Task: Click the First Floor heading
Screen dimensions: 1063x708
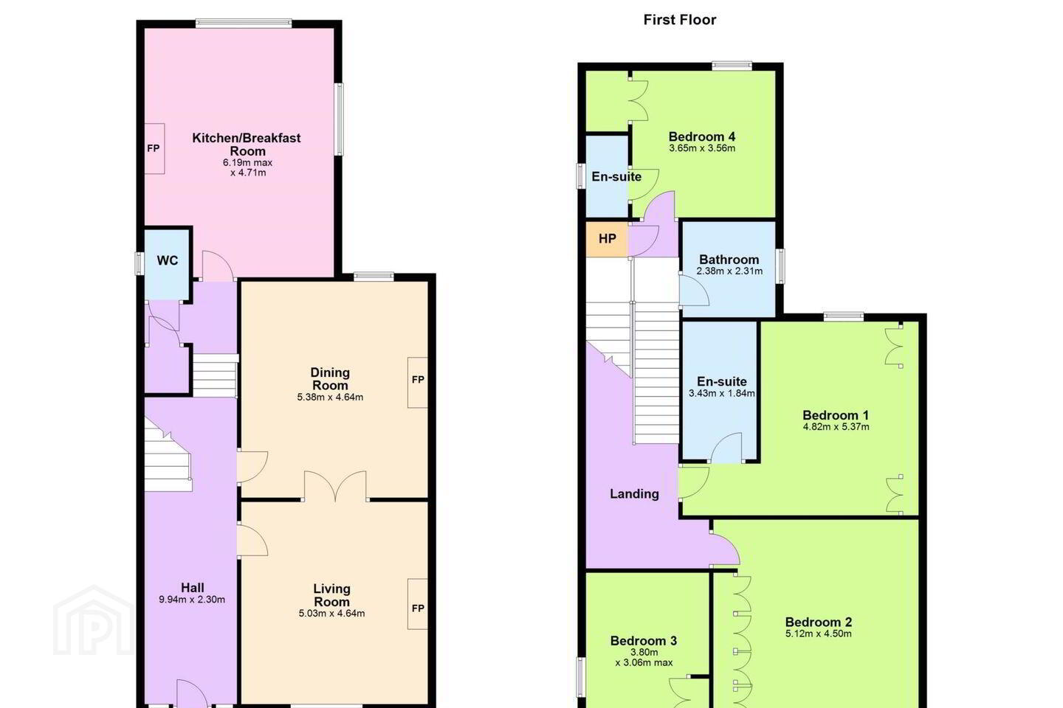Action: point(680,20)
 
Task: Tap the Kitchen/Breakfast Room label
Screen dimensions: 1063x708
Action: point(247,145)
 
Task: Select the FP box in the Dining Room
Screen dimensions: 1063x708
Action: point(418,382)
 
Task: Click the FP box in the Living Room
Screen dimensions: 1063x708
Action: point(418,604)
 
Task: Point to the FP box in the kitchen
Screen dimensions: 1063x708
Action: point(154,148)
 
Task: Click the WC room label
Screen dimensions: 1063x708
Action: point(168,260)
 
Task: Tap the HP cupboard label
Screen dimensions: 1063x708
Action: point(608,238)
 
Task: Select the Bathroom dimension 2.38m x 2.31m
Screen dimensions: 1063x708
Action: point(729,271)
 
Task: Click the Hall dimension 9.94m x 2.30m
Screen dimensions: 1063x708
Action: point(192,600)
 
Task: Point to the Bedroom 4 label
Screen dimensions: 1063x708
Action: point(702,136)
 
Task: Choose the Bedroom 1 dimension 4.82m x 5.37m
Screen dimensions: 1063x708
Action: point(836,427)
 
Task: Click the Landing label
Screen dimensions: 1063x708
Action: point(635,494)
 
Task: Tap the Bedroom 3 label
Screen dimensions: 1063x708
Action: point(644,641)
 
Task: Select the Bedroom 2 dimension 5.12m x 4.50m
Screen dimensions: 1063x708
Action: point(819,634)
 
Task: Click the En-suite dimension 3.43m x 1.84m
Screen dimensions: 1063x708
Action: point(722,393)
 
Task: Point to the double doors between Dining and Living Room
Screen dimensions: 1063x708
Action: point(335,485)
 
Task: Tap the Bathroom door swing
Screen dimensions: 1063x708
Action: point(694,291)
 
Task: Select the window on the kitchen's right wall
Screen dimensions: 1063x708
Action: point(340,119)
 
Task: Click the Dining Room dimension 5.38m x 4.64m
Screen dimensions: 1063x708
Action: point(330,398)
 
